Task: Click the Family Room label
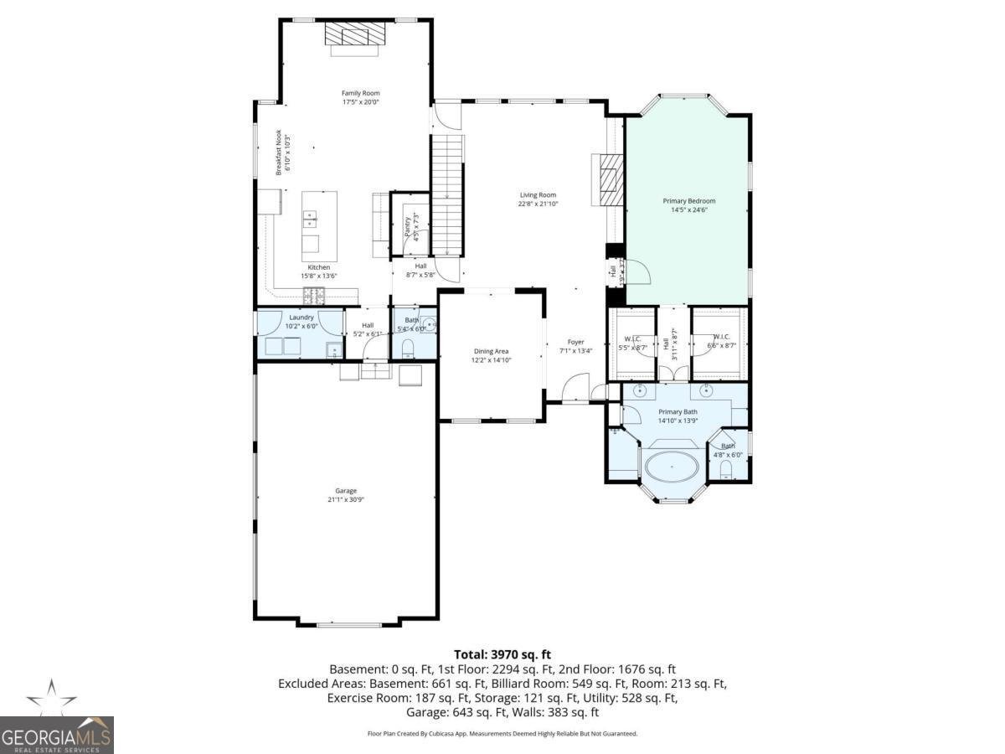(x=360, y=93)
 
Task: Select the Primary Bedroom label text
(x=688, y=201)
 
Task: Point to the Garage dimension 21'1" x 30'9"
(x=346, y=500)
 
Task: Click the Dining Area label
(x=491, y=351)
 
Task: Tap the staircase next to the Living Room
(x=447, y=193)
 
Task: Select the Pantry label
(x=409, y=227)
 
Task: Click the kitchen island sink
(x=311, y=220)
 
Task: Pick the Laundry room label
(x=301, y=318)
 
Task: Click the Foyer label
(x=575, y=342)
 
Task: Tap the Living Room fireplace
(x=608, y=179)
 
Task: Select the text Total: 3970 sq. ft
(x=502, y=654)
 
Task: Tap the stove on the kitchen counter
(x=315, y=294)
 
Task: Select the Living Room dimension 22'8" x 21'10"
(x=538, y=204)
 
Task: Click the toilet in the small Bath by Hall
(x=409, y=347)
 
